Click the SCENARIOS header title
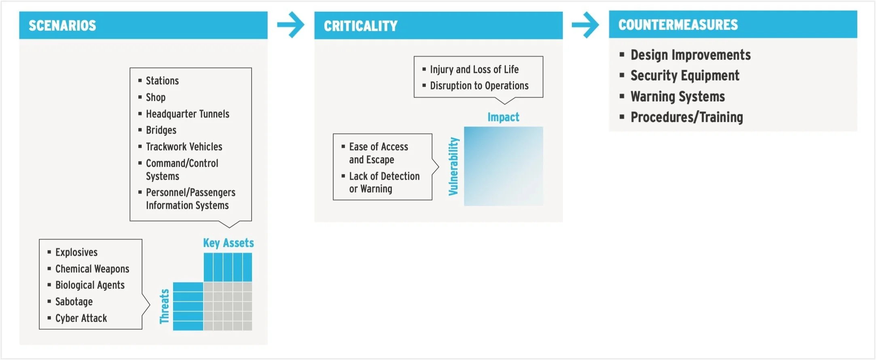click(x=62, y=25)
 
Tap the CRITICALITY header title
click(x=360, y=26)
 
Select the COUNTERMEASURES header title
click(x=678, y=25)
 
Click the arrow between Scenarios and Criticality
click(x=291, y=25)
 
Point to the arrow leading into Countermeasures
click(x=585, y=25)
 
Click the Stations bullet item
click(x=162, y=81)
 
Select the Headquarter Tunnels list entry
click(x=187, y=114)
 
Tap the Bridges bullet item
click(x=161, y=130)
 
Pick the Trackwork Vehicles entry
click(x=184, y=147)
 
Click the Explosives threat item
click(x=76, y=252)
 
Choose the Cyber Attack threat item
click(x=81, y=318)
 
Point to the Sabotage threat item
click(x=74, y=302)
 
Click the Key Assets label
click(x=228, y=243)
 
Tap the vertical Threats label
click(x=164, y=306)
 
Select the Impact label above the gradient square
click(x=503, y=117)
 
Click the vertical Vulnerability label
click(x=454, y=166)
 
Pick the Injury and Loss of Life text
click(x=474, y=70)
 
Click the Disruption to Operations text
click(x=479, y=86)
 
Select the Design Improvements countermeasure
click(x=690, y=55)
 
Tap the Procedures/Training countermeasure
click(x=687, y=117)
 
